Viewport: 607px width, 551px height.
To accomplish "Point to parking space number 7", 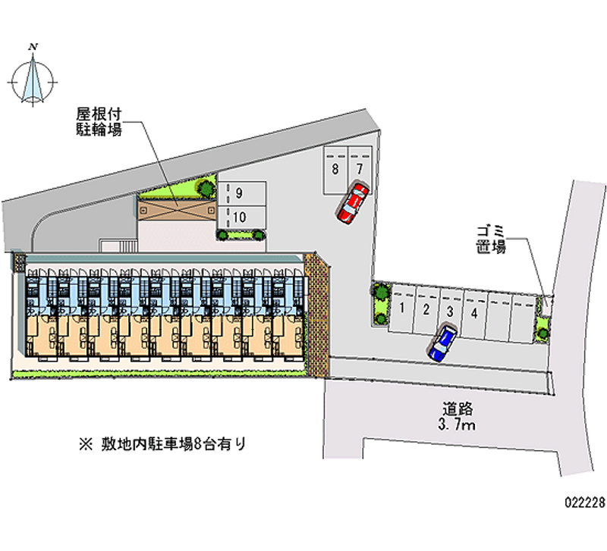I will click(360, 167).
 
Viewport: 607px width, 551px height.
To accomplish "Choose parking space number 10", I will click(239, 217).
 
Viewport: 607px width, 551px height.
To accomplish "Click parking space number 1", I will click(402, 309).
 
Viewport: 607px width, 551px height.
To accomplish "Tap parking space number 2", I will click(426, 309).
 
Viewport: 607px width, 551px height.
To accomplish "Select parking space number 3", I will click(450, 310).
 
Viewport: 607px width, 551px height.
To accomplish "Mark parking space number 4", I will click(473, 311).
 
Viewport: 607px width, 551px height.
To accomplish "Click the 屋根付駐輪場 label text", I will click(99, 121).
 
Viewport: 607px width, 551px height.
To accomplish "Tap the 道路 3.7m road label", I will click(455, 416).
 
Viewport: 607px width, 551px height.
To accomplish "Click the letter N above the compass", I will click(33, 47).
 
